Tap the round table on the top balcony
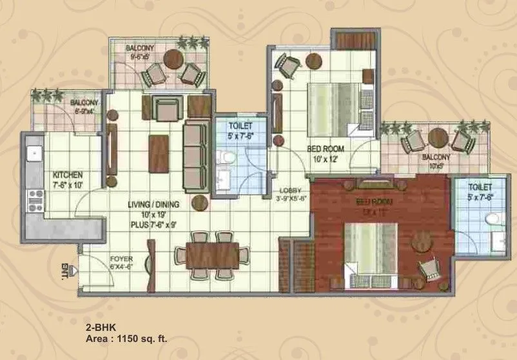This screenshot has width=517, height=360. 172,60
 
